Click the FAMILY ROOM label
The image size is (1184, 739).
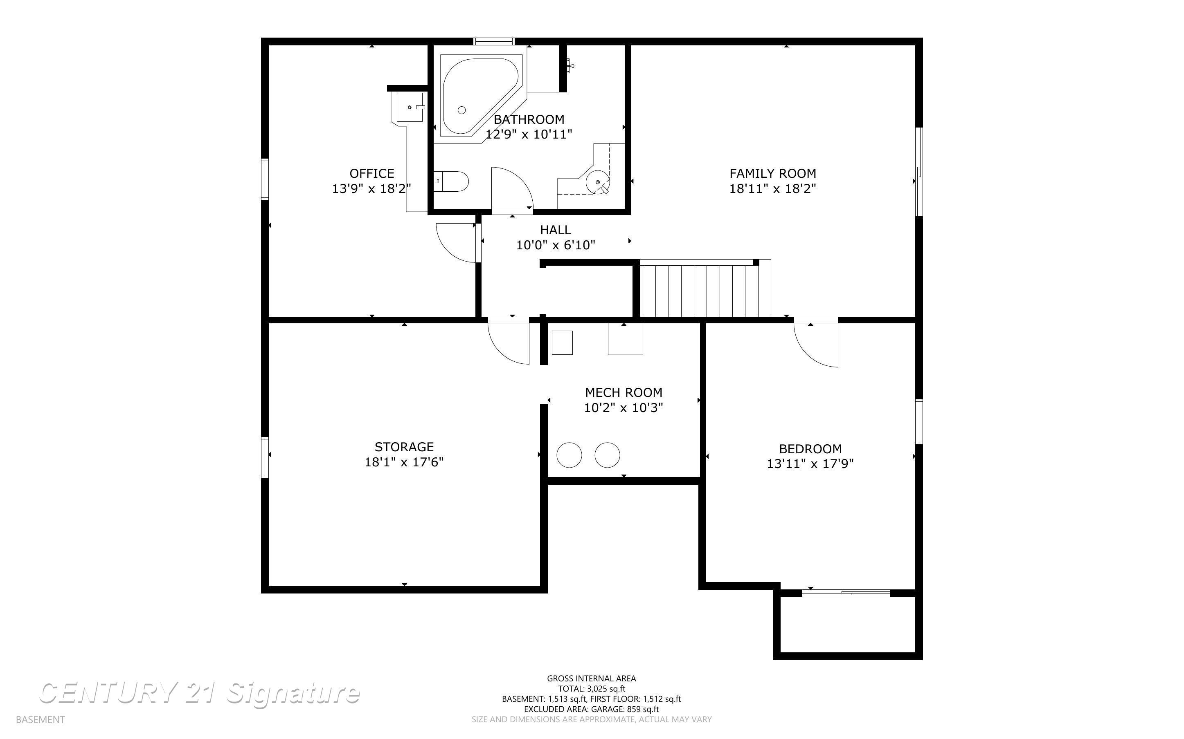[773, 173]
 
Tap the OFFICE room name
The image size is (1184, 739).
[371, 173]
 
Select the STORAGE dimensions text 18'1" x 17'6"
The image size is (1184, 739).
[404, 462]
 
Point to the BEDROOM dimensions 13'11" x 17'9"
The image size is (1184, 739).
[810, 464]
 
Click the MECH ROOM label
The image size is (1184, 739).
[624, 392]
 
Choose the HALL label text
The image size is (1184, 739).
[556, 230]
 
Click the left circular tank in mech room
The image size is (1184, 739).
[569, 455]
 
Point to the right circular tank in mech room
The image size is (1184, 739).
[608, 455]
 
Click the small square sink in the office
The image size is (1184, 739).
[410, 107]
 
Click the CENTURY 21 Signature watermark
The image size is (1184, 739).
[199, 693]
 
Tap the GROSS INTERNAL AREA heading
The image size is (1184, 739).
[591, 679]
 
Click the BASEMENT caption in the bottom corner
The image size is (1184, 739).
[40, 719]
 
